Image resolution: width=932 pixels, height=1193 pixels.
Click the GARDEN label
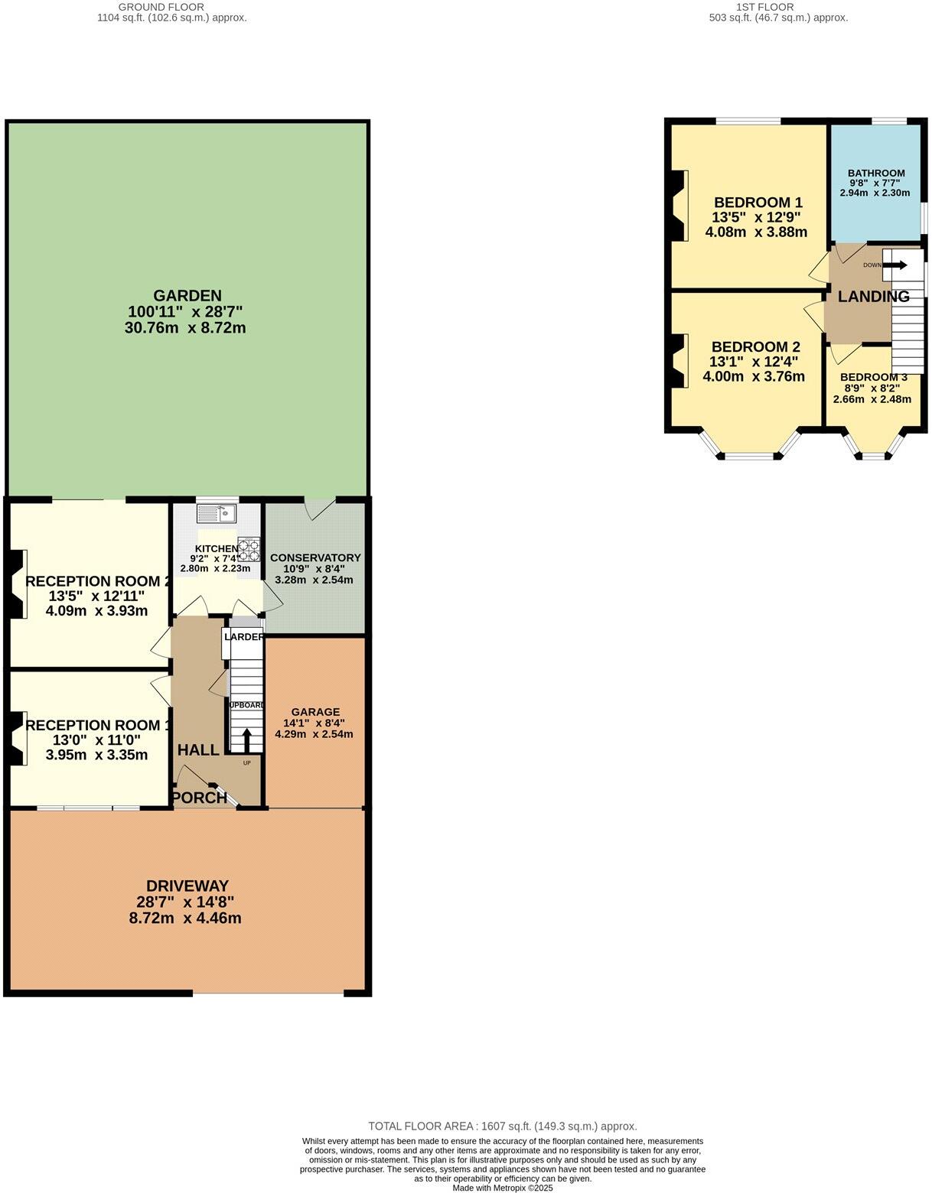coord(187,296)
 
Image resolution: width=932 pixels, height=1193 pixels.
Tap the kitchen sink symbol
coord(218,512)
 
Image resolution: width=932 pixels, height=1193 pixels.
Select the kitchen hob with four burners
coord(249,550)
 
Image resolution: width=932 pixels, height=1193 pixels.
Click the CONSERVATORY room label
coord(314,557)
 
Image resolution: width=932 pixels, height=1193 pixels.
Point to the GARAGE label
coord(314,711)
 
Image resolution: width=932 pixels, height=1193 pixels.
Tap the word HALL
coord(198,750)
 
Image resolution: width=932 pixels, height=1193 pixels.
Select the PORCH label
coord(199,798)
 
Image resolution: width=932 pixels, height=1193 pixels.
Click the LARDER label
coord(244,637)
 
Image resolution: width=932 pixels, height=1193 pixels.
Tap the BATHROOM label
coord(876,174)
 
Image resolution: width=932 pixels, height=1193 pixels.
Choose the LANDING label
coord(873,297)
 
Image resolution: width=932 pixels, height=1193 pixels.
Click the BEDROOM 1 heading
coord(758,203)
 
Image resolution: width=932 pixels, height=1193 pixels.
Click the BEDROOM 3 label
coord(873,377)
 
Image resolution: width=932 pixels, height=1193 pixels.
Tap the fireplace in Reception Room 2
coord(18,583)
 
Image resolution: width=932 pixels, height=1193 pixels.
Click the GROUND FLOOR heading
coord(171,7)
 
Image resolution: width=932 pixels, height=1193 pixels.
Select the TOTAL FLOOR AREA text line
coord(502,1126)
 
